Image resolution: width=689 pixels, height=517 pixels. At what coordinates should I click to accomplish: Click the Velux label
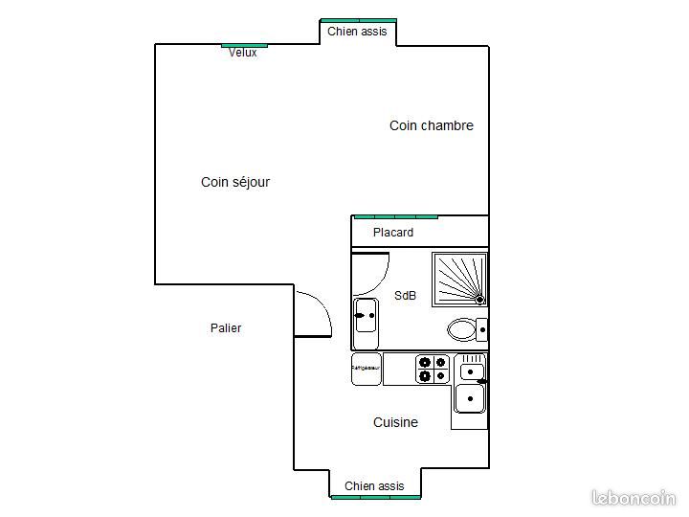242,53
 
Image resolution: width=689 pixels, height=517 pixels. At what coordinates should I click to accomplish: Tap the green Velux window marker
244,44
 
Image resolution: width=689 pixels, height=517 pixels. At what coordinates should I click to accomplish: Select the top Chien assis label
357,32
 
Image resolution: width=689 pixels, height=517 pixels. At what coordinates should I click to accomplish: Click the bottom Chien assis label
374,486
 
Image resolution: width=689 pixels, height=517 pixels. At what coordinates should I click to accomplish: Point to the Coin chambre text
431,125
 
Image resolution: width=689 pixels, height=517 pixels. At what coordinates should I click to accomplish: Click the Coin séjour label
234,182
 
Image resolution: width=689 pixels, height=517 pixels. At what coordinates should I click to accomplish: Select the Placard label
393,233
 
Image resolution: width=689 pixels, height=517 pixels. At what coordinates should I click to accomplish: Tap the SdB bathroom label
405,296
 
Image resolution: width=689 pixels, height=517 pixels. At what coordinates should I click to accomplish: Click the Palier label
226,328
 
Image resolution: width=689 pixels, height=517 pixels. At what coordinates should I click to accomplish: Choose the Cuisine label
395,422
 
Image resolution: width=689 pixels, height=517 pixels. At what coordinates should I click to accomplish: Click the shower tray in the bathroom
459,279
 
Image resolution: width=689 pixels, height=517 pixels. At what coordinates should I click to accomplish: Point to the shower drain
479,300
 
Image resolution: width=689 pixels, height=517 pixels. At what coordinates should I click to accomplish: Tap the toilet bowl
462,330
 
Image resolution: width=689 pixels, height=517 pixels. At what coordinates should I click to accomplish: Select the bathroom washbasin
366,315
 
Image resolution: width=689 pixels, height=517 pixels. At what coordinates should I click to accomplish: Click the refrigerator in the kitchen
366,369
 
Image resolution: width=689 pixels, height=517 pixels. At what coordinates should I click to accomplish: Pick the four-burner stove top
432,369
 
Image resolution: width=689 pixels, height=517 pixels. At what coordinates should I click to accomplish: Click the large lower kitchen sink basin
469,397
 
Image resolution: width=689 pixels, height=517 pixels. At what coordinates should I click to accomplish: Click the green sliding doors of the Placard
395,216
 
